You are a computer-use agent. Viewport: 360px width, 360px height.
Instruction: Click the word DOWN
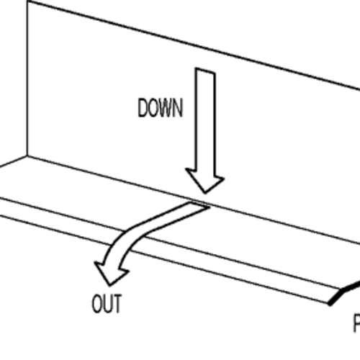point(161,109)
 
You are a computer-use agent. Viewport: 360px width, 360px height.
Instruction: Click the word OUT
point(107,304)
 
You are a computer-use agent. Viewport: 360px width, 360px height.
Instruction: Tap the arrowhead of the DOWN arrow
point(205,179)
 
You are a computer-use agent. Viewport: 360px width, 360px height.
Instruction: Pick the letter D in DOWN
point(143,109)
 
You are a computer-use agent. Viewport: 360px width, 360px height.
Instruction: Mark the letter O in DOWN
point(153,109)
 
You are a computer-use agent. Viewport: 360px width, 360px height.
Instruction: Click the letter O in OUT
point(96,304)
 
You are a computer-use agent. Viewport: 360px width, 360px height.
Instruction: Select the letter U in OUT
point(107,304)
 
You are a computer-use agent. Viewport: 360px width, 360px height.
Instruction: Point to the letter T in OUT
point(117,304)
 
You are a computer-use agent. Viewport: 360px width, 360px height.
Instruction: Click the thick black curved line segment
point(344,292)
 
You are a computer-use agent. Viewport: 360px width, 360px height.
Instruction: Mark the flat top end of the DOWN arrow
point(205,71)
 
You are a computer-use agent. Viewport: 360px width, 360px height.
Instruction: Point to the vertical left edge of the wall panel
point(26,79)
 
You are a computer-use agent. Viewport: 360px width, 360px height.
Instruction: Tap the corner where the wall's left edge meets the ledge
point(26,156)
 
